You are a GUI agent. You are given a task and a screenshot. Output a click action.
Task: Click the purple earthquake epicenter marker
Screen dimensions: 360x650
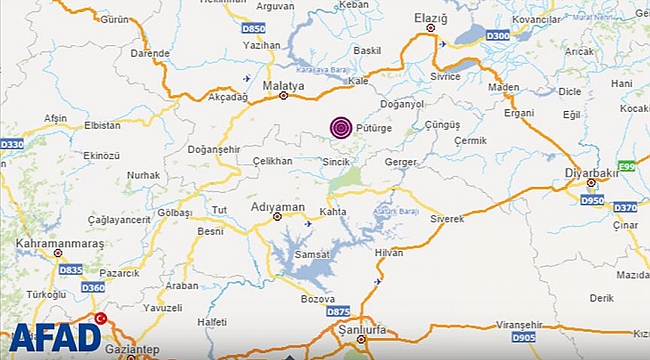341,127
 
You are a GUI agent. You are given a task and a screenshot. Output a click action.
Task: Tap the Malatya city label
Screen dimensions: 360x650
282,87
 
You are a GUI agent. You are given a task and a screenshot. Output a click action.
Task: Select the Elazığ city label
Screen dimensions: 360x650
430,19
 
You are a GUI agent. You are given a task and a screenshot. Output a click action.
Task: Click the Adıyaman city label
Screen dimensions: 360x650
277,207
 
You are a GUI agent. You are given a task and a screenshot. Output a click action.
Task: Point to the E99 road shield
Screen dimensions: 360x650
627,164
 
